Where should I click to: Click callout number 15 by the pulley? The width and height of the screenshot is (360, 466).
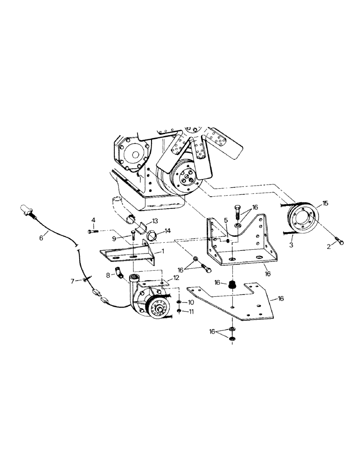click(325, 203)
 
